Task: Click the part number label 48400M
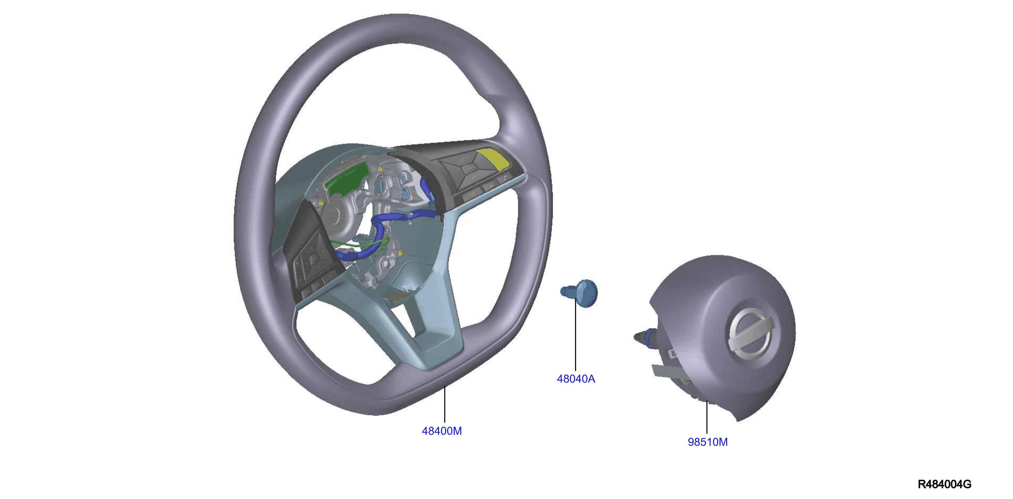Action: coord(442,431)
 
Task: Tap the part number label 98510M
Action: coord(707,442)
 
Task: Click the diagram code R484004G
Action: coord(944,484)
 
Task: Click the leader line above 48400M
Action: coord(445,405)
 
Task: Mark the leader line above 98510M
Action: coord(707,417)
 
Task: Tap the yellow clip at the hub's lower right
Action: coord(400,254)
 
